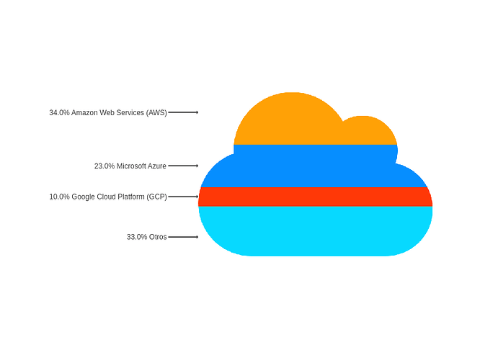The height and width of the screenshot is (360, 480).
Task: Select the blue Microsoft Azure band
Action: click(x=315, y=167)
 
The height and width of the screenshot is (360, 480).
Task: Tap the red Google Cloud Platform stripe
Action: click(x=315, y=197)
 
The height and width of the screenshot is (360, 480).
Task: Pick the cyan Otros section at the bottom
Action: click(x=315, y=231)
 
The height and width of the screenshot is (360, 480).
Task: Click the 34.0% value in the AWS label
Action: click(x=59, y=113)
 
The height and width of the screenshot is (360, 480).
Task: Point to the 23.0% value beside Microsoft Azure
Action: click(x=105, y=166)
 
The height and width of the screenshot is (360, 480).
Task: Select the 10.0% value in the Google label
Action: click(x=59, y=197)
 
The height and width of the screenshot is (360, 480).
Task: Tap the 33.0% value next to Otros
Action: click(x=137, y=237)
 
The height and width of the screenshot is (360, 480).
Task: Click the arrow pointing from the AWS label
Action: click(x=183, y=112)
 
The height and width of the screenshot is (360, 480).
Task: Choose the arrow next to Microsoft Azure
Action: click(x=183, y=166)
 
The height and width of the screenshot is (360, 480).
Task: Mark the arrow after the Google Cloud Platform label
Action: click(x=183, y=197)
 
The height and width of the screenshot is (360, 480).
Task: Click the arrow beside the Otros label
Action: click(x=183, y=237)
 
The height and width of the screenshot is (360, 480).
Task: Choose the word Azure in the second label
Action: click(x=157, y=166)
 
